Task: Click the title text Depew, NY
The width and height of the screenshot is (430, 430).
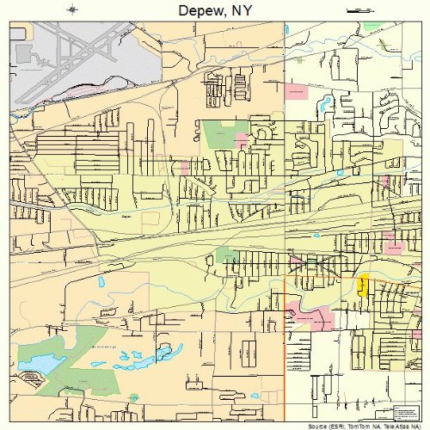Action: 214,10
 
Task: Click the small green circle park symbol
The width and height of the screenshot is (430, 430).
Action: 133,397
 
